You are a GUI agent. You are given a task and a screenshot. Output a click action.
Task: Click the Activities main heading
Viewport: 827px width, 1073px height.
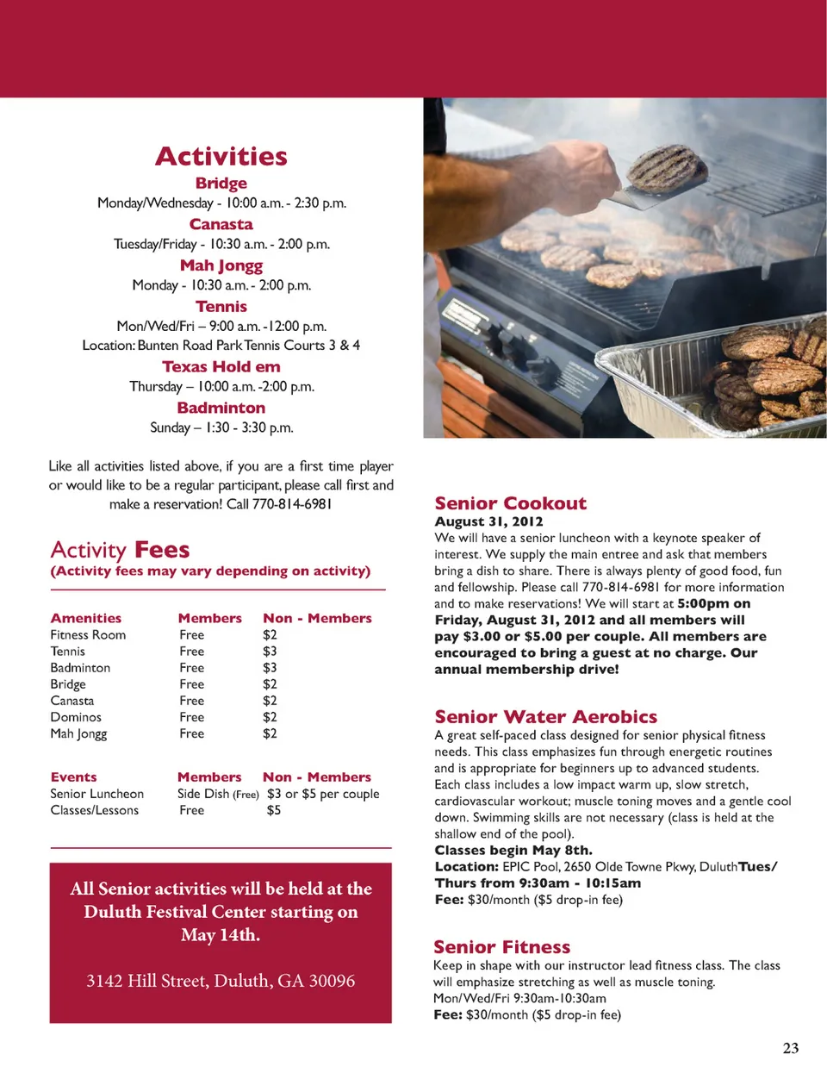click(221, 157)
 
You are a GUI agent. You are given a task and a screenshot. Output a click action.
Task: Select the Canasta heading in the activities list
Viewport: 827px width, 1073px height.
click(221, 224)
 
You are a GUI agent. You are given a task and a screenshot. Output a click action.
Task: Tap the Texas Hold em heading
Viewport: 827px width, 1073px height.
click(221, 366)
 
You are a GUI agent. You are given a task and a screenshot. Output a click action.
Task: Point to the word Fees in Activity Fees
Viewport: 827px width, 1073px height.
click(162, 550)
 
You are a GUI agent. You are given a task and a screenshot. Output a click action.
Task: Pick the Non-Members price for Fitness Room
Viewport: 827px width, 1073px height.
click(270, 635)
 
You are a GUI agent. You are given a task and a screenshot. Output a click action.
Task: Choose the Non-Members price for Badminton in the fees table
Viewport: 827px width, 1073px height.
click(270, 668)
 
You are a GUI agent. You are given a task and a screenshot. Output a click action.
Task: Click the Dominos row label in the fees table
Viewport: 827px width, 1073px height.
click(76, 717)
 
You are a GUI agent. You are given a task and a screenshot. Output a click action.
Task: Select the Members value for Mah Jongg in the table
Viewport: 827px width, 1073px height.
click(191, 733)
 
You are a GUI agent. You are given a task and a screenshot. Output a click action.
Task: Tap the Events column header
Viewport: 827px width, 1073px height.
click(73, 777)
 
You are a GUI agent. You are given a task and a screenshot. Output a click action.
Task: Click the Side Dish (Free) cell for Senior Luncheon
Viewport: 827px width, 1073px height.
click(218, 794)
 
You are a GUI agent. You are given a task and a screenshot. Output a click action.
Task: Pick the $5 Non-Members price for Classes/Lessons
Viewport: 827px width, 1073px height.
click(273, 810)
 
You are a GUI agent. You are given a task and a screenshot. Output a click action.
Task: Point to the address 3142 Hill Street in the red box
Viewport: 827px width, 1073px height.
click(221, 981)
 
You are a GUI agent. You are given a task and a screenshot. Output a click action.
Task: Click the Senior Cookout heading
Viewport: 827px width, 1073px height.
click(510, 503)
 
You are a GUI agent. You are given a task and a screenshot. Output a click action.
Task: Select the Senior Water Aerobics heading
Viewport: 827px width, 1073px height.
click(545, 717)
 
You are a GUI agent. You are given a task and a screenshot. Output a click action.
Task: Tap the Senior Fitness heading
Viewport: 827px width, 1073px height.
click(501, 947)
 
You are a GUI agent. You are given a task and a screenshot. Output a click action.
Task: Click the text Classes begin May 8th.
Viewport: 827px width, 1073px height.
click(513, 851)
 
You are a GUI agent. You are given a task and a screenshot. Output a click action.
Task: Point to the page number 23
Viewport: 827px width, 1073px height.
click(790, 1048)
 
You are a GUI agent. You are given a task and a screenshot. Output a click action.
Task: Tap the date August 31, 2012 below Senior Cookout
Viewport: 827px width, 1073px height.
click(488, 521)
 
